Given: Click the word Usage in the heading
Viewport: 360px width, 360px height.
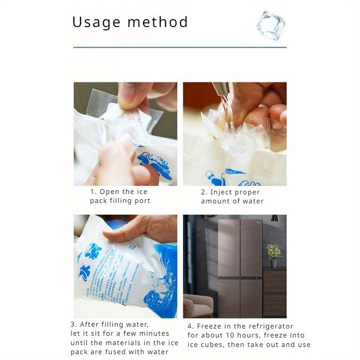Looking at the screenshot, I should coord(95,22).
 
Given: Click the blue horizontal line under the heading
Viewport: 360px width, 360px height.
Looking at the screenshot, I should coord(180,47).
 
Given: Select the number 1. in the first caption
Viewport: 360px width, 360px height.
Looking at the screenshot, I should coord(93,192).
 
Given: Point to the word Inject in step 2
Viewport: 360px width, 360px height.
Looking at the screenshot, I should coord(221,192).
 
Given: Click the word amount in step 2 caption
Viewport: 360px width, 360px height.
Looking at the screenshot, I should coord(216,201).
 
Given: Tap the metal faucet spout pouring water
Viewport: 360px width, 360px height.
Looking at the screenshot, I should coord(222,90).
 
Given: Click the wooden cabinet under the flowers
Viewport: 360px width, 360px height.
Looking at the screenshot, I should coord(274,292).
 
